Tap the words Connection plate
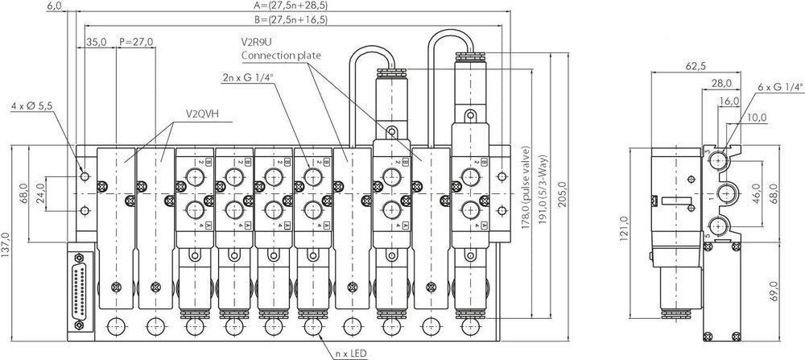pyautogui.click(x=282, y=56)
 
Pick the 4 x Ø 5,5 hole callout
pyautogui.click(x=33, y=106)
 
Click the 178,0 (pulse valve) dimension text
pyautogui.click(x=524, y=190)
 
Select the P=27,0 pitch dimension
pyautogui.click(x=135, y=42)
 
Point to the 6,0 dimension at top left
pyautogui.click(x=56, y=6)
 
